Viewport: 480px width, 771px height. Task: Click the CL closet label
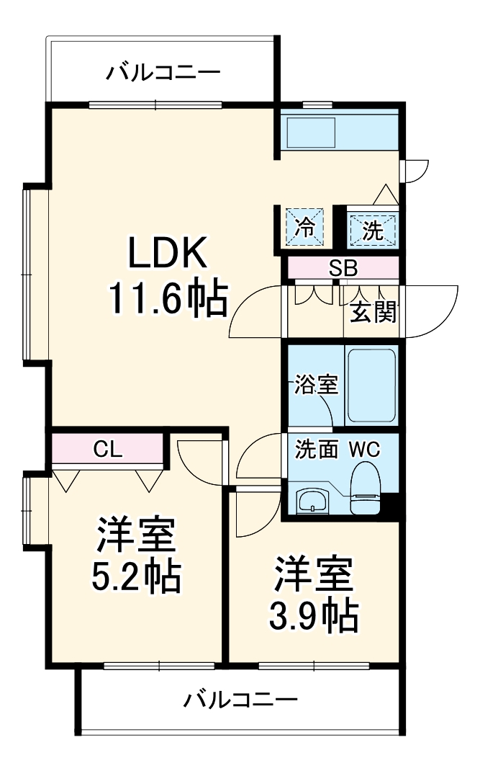click(108, 448)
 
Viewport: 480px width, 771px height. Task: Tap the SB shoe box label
click(343, 268)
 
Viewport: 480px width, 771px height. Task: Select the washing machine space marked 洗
click(372, 229)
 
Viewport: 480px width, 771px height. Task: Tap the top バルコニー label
click(163, 73)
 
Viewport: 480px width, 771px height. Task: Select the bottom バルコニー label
click(239, 699)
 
